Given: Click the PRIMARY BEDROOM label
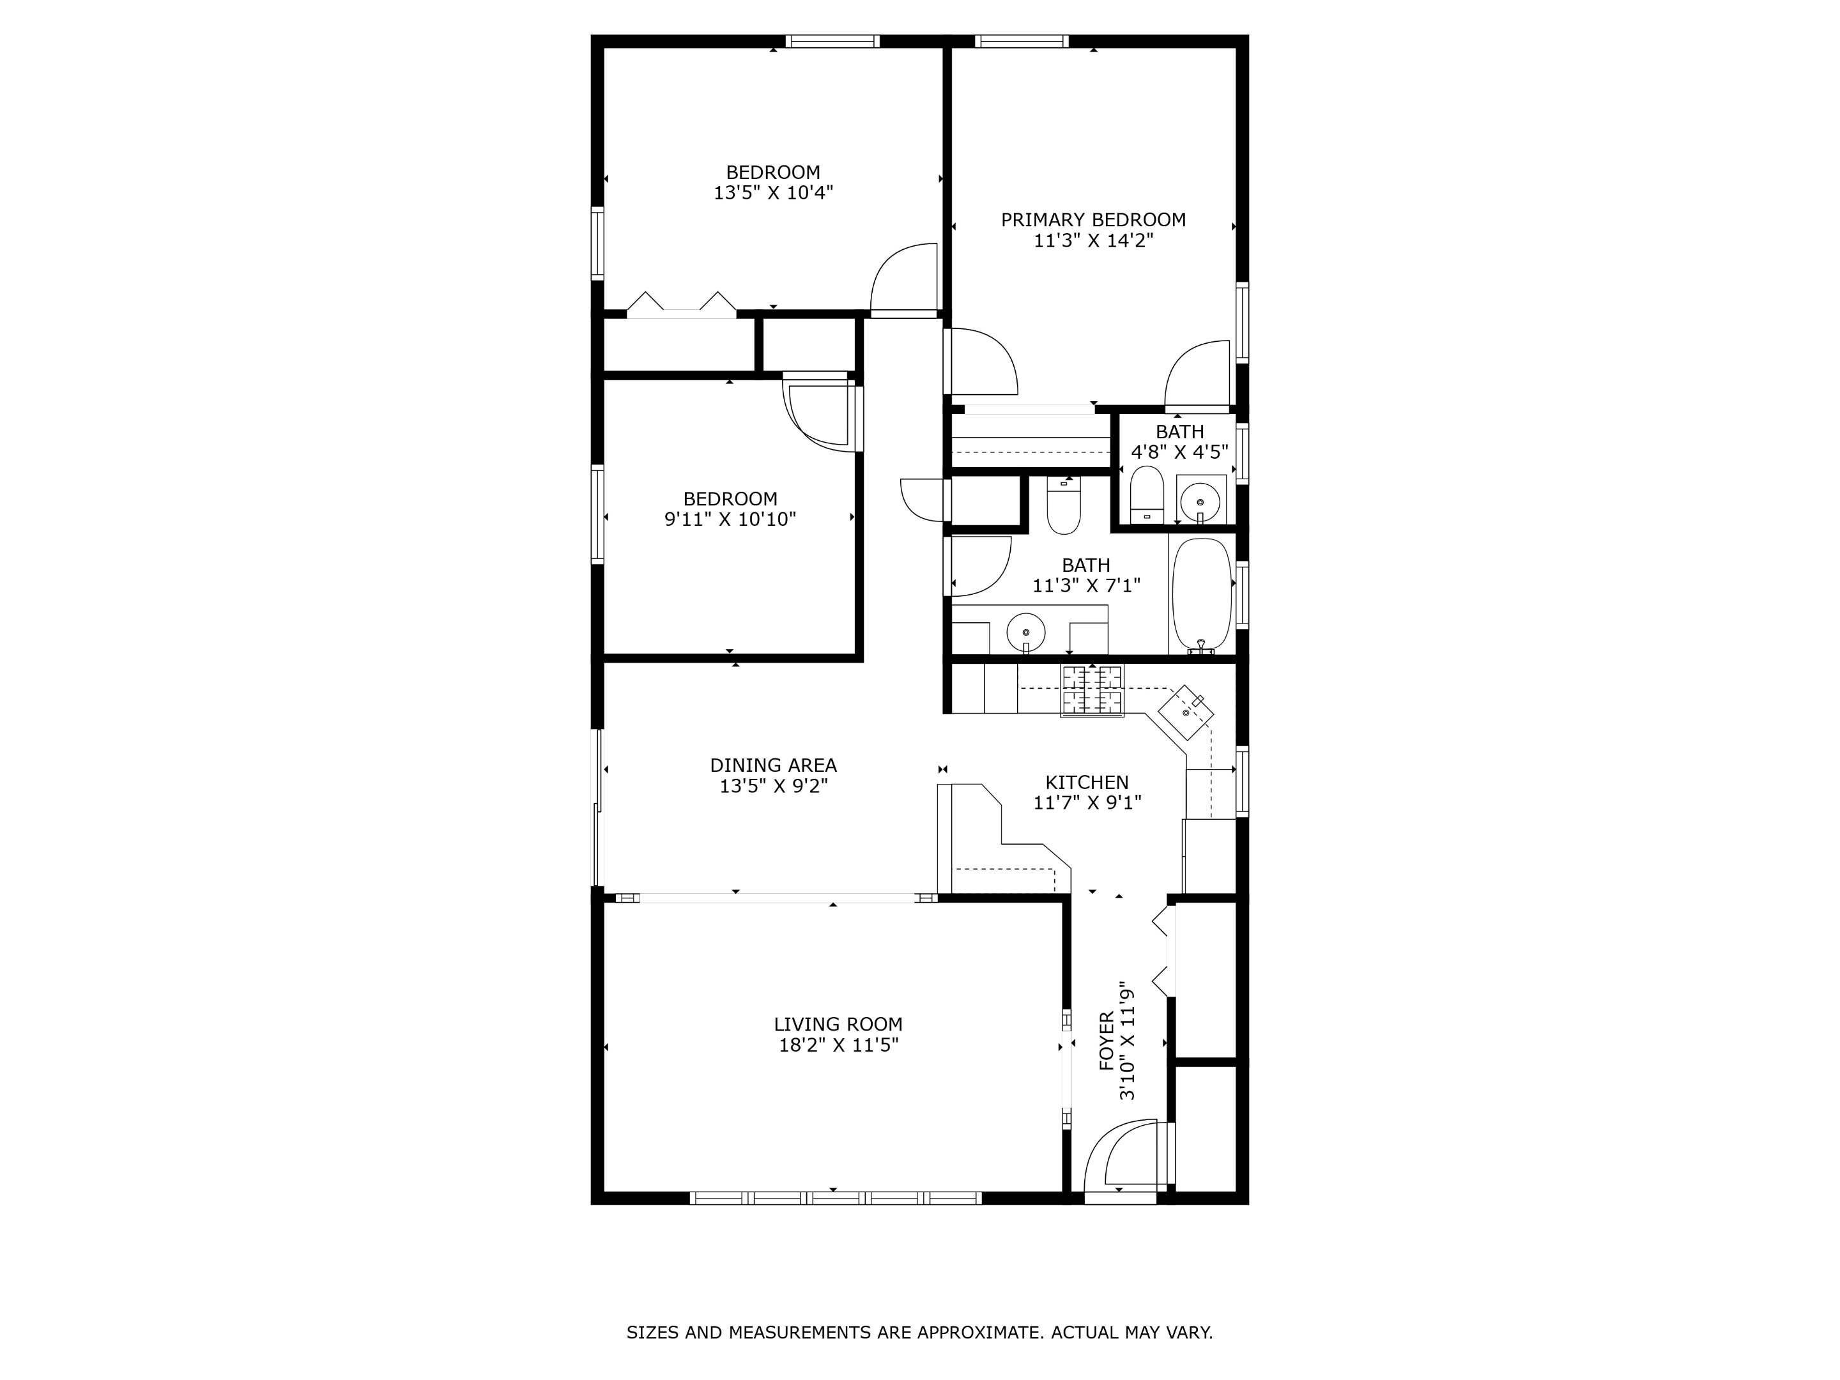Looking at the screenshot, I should (x=1092, y=220).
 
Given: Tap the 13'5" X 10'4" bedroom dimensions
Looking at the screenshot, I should (x=773, y=193).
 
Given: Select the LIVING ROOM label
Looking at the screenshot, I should (x=838, y=1025).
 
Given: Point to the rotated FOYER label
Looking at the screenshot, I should (x=1107, y=1041).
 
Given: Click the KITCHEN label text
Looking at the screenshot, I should (x=1086, y=783).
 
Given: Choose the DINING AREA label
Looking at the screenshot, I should (x=773, y=765).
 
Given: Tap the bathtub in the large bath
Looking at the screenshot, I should (x=1201, y=594).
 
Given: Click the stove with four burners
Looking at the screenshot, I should (x=1091, y=691).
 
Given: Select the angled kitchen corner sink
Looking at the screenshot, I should (x=1186, y=712).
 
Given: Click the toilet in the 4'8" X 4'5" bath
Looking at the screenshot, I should (x=1146, y=493).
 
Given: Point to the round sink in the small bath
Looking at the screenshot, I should (x=1199, y=502).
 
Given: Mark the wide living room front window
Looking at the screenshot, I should (x=835, y=1198).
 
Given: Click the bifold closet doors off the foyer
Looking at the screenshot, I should (x=1163, y=951).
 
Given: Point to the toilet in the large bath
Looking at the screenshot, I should (x=1063, y=507).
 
